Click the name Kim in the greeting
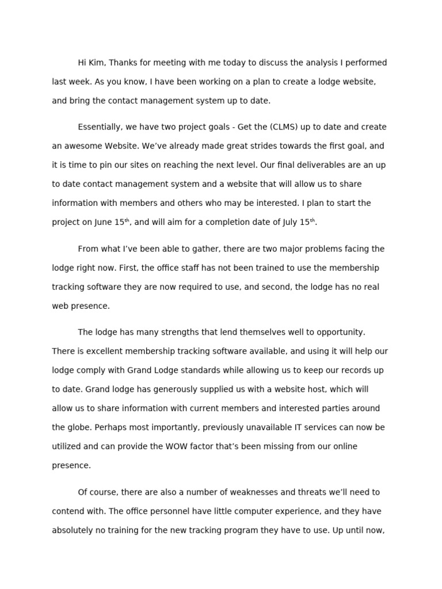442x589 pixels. [x=96, y=63]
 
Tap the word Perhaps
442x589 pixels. [x=109, y=427]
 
